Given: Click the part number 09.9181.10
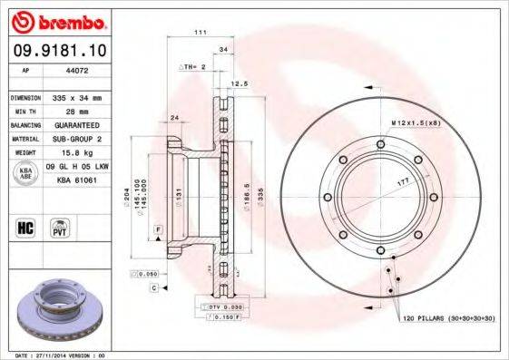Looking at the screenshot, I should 57,50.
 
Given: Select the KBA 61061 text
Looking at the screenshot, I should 77,180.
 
